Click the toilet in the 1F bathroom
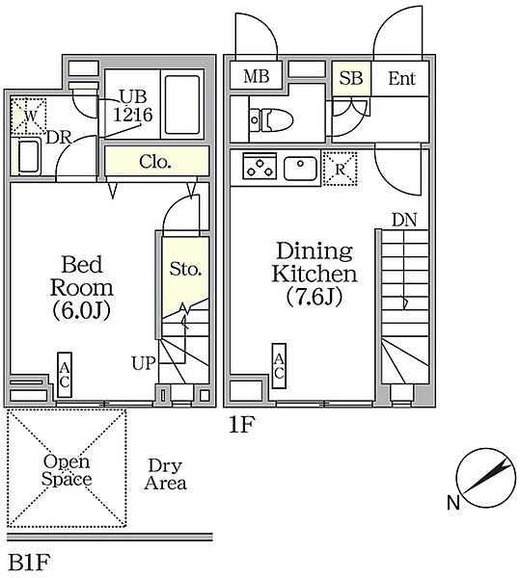click(x=271, y=119)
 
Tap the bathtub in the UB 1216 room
click(x=182, y=105)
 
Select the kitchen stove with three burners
click(x=260, y=166)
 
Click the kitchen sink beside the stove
click(x=300, y=168)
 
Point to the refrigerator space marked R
click(x=340, y=169)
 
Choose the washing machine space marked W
click(x=29, y=116)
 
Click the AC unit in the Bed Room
click(x=65, y=375)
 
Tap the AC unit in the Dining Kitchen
click(x=279, y=366)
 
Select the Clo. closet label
click(x=155, y=162)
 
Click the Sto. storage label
click(x=185, y=270)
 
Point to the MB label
click(x=256, y=77)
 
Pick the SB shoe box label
click(x=351, y=78)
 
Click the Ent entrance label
click(x=401, y=79)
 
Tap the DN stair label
click(x=404, y=220)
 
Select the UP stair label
click(x=145, y=363)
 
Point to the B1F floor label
click(x=29, y=563)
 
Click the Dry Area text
click(x=165, y=475)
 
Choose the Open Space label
click(x=67, y=470)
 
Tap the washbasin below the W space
click(x=28, y=157)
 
